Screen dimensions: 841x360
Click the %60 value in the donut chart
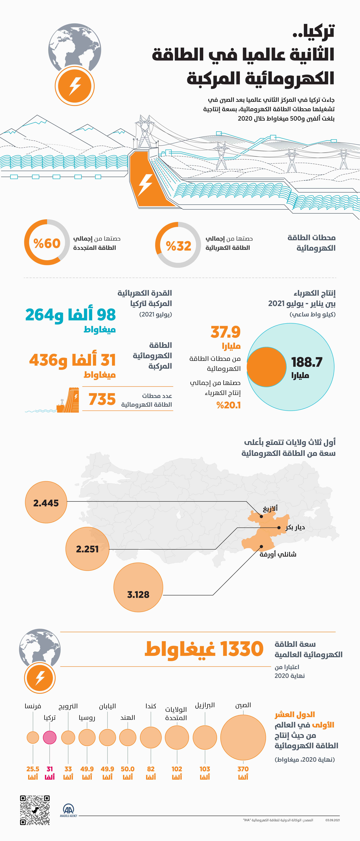47,243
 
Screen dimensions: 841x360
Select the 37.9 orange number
226,332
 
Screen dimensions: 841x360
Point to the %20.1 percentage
228,405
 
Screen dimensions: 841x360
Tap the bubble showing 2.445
46,503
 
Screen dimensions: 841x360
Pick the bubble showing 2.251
87,549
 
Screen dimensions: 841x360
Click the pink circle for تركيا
50,737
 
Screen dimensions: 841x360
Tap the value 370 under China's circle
243,769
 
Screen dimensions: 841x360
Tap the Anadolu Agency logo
69,810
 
